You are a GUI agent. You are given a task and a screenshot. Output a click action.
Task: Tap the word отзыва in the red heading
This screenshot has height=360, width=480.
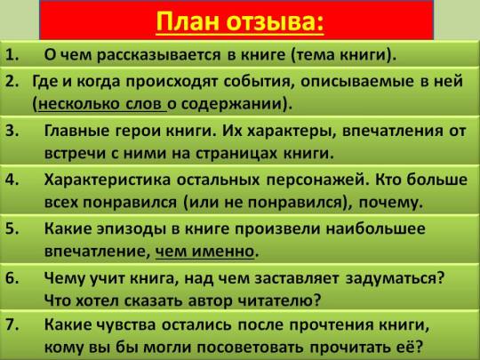(x=275, y=22)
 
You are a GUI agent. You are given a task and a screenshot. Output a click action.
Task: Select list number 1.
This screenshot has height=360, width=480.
(x=12, y=55)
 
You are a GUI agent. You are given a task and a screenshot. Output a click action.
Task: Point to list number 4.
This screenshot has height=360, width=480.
(x=12, y=180)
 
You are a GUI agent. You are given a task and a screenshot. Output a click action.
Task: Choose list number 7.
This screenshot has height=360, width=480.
(x=12, y=324)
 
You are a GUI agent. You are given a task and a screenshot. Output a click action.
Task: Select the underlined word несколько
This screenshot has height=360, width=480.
(x=79, y=104)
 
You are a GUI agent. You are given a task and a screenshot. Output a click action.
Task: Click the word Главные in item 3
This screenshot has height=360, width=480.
(x=76, y=131)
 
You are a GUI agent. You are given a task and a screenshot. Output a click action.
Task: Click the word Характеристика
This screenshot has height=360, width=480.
(x=108, y=180)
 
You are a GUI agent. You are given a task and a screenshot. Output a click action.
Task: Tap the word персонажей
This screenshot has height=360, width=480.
(x=316, y=180)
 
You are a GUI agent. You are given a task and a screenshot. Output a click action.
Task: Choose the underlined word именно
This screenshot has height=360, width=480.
(x=223, y=252)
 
